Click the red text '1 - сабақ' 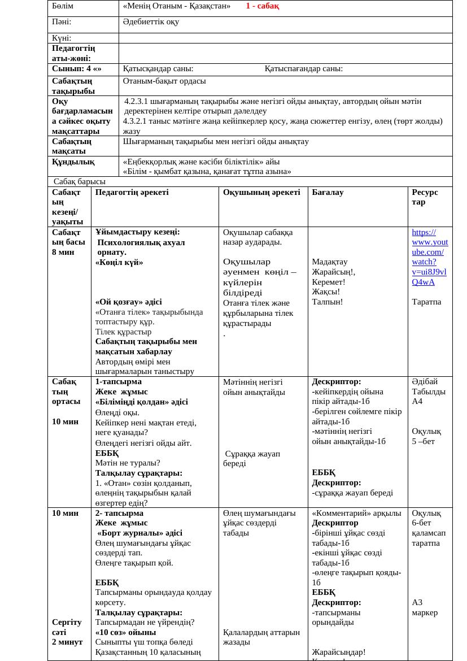(x=262, y=6)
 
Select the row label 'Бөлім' (x=63, y=6)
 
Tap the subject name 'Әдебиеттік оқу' (x=151, y=22)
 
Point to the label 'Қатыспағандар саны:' (x=303, y=69)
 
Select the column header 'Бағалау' (x=328, y=192)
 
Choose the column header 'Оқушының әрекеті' (x=261, y=192)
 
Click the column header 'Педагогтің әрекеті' (x=132, y=192)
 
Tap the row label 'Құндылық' (x=73, y=162)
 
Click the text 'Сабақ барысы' (x=80, y=181)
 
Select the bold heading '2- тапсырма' (x=119, y=513)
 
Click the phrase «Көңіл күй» (x=119, y=262)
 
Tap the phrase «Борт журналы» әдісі (x=139, y=533)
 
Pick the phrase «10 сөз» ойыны (x=125, y=632)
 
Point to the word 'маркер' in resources (x=425, y=612)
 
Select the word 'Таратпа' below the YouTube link (x=427, y=302)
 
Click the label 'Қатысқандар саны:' (x=158, y=69)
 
